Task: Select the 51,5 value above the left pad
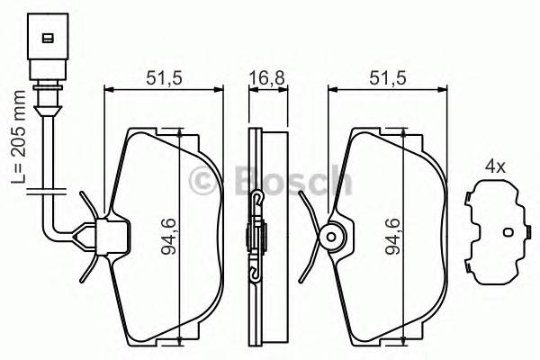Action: click(x=165, y=77)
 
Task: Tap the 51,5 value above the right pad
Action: click(x=386, y=77)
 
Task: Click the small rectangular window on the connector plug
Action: click(x=44, y=38)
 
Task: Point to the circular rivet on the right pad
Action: click(x=331, y=238)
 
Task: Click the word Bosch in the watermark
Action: click(x=292, y=182)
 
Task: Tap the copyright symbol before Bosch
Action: click(x=210, y=183)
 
